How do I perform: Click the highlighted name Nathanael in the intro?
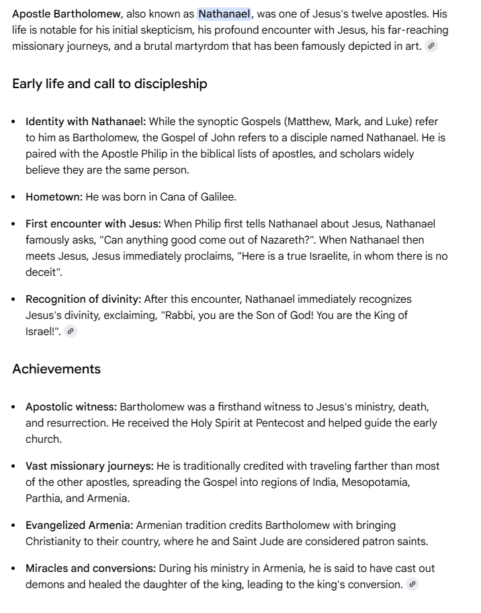click(224, 14)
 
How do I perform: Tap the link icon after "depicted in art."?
click(431, 46)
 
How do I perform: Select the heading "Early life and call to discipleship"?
click(110, 84)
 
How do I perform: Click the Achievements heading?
click(56, 369)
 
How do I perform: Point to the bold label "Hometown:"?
click(54, 197)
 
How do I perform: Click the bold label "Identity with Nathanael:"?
click(85, 122)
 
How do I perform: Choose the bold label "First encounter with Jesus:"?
click(93, 224)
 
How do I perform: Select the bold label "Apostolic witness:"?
click(71, 407)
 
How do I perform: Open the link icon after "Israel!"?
click(71, 332)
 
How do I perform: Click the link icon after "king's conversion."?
click(412, 585)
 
